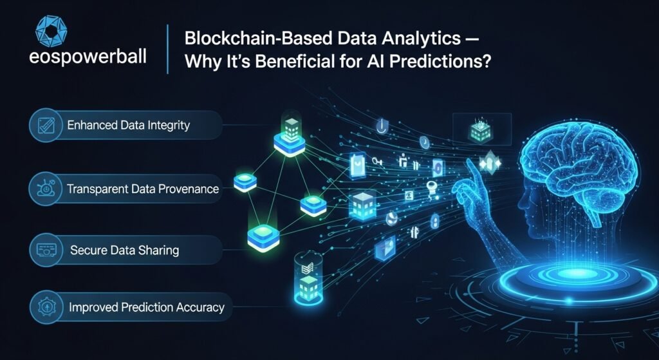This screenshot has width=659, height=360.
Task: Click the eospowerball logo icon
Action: tap(51, 31)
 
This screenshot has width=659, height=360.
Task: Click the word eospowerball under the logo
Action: tap(88, 57)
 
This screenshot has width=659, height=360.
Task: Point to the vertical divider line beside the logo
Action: tap(168, 49)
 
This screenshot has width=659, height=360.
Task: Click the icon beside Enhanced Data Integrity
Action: tap(46, 126)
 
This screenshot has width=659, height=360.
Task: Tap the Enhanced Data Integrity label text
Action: tap(128, 126)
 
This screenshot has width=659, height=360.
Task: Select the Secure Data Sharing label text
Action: tap(124, 251)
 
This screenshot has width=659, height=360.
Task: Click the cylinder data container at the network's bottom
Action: tap(308, 277)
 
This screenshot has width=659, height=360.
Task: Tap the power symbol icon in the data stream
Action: tap(382, 126)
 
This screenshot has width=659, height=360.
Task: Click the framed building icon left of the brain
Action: tap(481, 129)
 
